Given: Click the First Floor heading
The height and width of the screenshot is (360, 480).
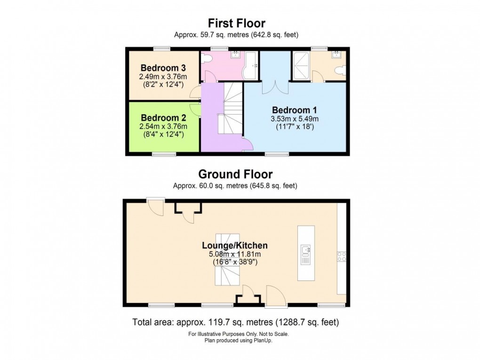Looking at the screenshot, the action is pos(237,23).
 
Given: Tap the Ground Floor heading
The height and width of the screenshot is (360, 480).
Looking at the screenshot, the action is pos(235,174).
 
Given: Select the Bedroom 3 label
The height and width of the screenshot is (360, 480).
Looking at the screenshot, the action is pos(163,68).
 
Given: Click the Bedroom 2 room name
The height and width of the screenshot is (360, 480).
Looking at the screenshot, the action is pos(163,118).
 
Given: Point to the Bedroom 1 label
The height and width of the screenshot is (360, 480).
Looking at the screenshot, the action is pos(295,110).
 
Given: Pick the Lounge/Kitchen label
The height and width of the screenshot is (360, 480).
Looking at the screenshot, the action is pos(235,245).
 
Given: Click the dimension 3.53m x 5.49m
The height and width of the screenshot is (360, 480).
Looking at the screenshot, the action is pos(295,119).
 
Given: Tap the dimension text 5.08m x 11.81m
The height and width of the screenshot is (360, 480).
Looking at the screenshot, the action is pos(235,254).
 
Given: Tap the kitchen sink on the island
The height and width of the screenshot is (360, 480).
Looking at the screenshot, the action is pos(306,251).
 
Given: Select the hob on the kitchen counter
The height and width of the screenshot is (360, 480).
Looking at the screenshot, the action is pos(342,256).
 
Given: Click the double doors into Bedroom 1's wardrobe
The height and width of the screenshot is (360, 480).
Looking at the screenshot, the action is pos(275,87).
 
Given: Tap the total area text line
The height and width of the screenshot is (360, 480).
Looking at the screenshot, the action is pos(235,322).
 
